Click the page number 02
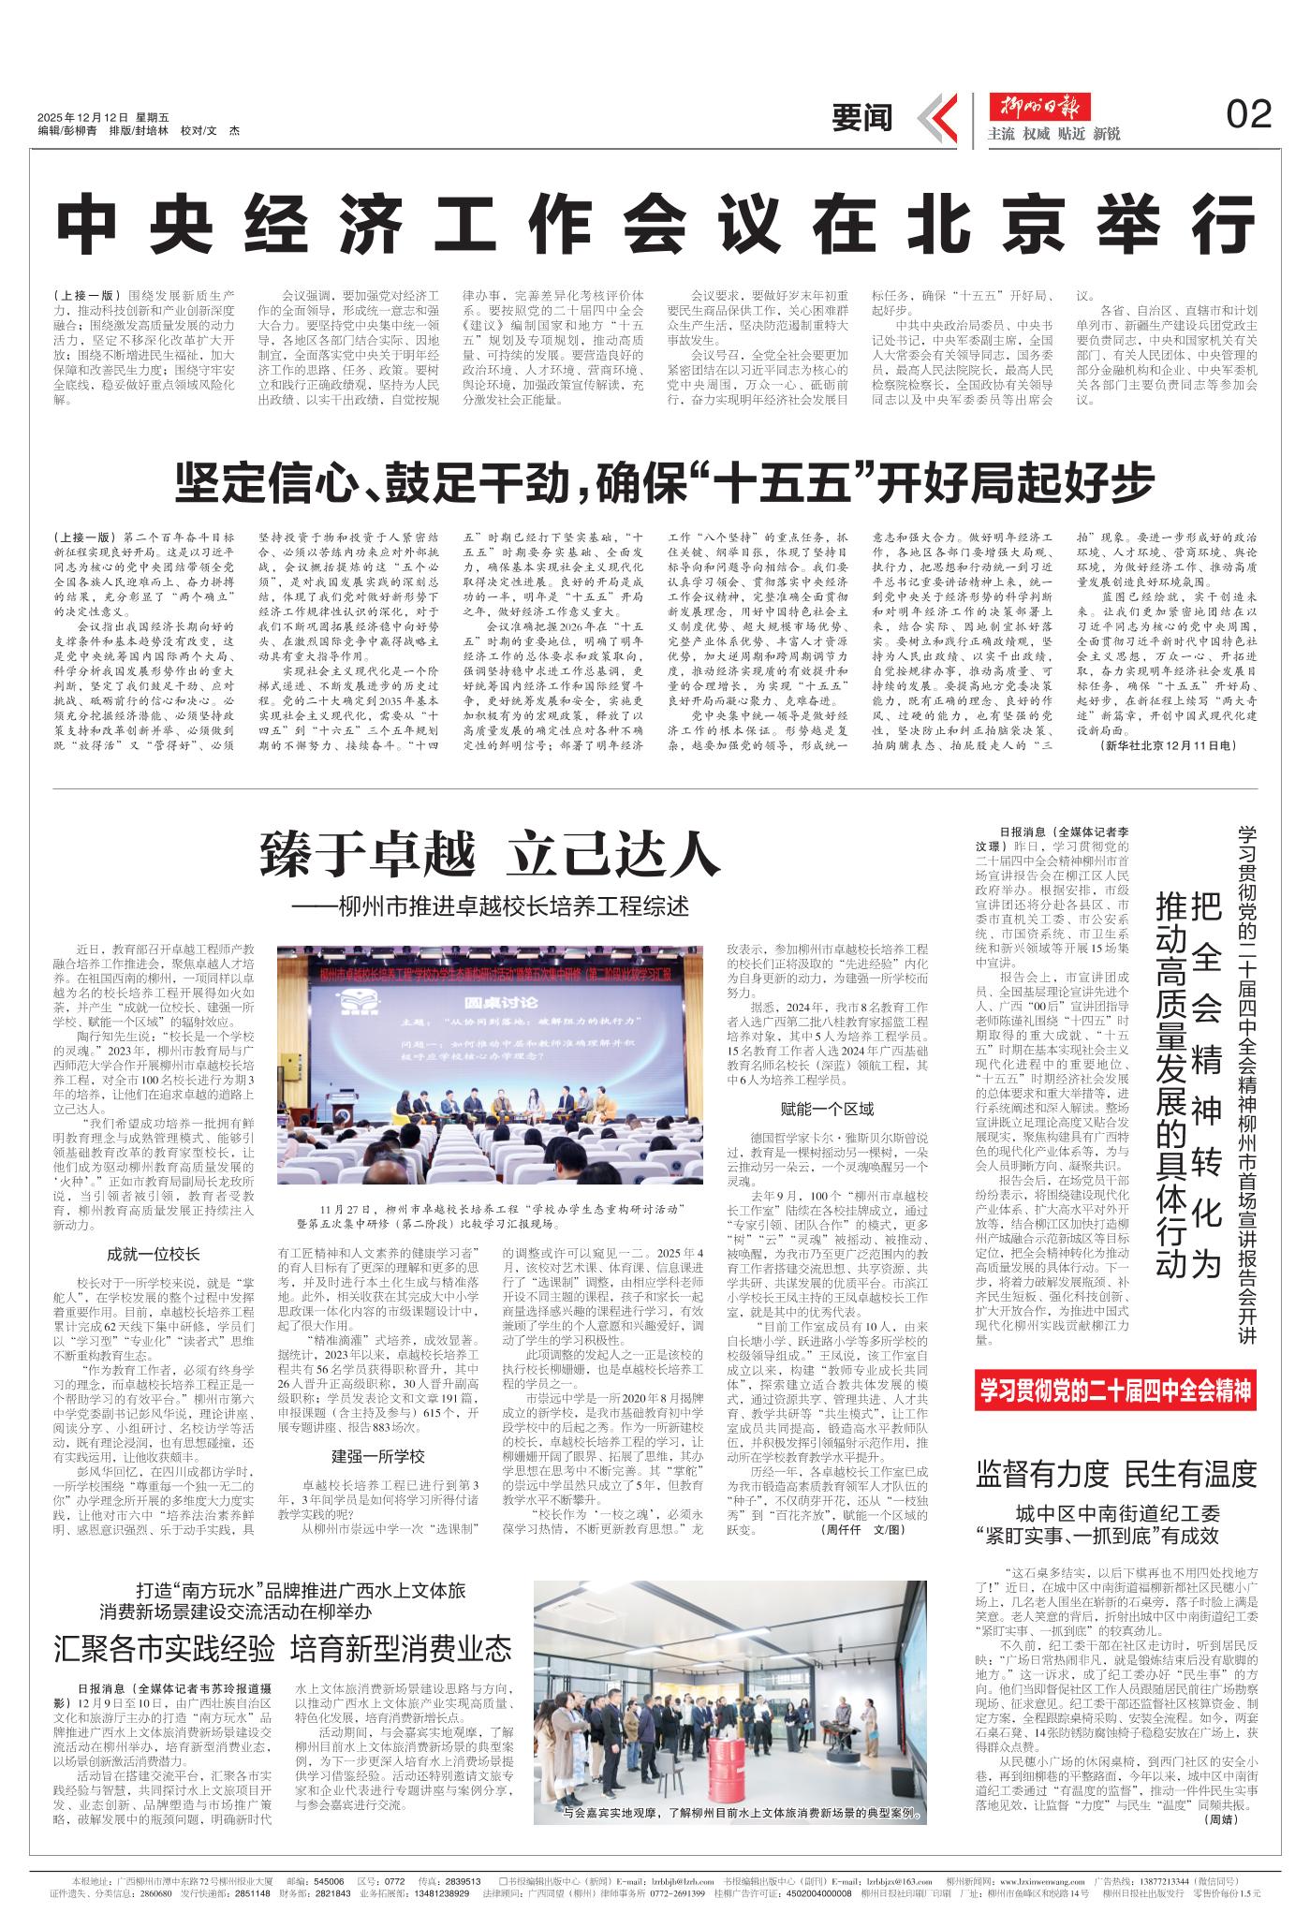click(x=1248, y=114)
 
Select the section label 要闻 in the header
click(x=862, y=117)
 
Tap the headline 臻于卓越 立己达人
click(x=490, y=855)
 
